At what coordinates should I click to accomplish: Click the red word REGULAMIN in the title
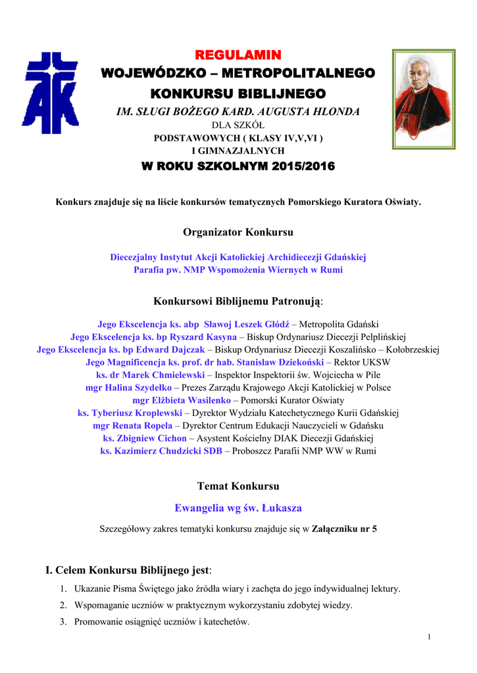(238, 53)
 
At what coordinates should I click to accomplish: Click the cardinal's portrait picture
(424, 99)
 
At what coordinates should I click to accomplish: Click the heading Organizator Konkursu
(238, 232)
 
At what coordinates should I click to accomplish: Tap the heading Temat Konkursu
(238, 486)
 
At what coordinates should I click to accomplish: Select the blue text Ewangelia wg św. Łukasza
(238, 508)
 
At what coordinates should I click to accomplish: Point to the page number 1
(428, 637)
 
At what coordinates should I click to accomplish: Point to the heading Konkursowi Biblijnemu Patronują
(238, 301)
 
